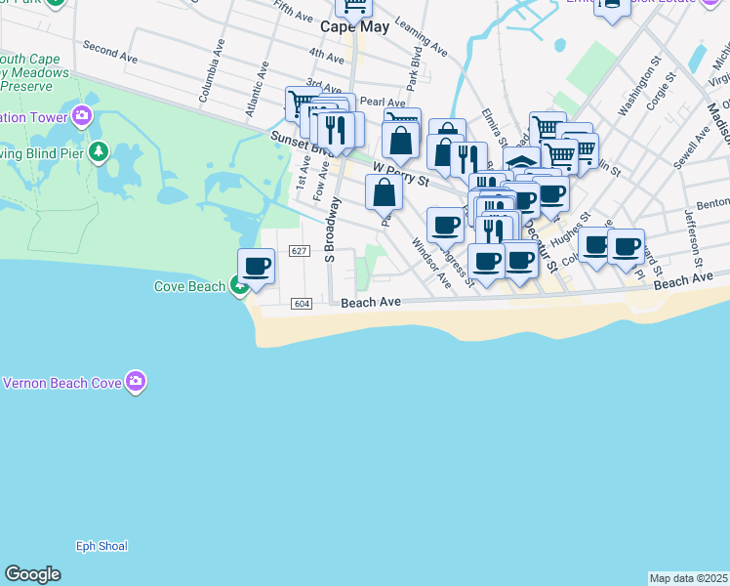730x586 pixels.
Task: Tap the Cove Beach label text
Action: [x=189, y=286]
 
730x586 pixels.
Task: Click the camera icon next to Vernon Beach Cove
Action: [x=136, y=382]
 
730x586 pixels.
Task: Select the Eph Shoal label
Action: [x=101, y=546]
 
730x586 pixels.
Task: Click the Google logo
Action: [x=32, y=574]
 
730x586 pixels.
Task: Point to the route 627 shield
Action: [x=300, y=252]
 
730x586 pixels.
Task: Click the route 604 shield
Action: [x=301, y=305]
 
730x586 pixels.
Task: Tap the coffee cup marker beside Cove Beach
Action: [x=257, y=267]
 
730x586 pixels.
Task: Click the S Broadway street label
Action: [x=332, y=230]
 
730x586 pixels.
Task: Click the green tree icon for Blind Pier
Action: [x=98, y=151]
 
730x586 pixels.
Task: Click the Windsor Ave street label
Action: [x=430, y=264]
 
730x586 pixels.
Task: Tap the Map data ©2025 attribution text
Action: [x=688, y=578]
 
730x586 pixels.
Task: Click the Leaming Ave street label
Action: [x=427, y=45]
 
